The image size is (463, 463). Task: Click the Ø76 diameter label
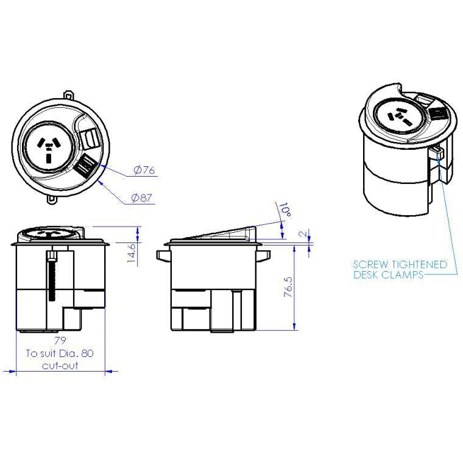click(144, 171)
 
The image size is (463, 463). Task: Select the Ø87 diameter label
click(141, 197)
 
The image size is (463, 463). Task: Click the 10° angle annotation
click(283, 211)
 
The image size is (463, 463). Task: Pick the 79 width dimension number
click(59, 341)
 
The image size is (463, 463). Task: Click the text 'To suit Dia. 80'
click(59, 353)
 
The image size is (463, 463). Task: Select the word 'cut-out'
click(60, 366)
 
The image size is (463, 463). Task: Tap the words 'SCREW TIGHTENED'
click(400, 265)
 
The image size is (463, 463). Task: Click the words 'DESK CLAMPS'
click(388, 275)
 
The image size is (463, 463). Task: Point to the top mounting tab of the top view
click(68, 96)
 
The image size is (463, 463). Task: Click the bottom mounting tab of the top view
click(53, 199)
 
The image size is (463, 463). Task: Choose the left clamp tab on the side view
click(162, 256)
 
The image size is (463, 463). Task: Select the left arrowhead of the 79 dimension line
click(8, 370)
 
